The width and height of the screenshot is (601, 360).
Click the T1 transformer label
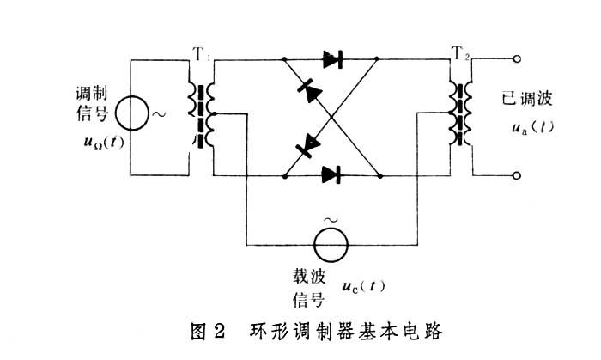[202, 52]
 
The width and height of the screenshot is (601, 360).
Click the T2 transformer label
[461, 55]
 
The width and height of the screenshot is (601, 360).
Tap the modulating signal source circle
[134, 114]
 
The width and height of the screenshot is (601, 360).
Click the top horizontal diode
[333, 59]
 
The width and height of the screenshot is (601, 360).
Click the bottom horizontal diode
[333, 174]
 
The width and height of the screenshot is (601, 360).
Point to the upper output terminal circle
[517, 59]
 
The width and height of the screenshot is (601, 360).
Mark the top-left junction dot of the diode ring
[285, 59]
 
